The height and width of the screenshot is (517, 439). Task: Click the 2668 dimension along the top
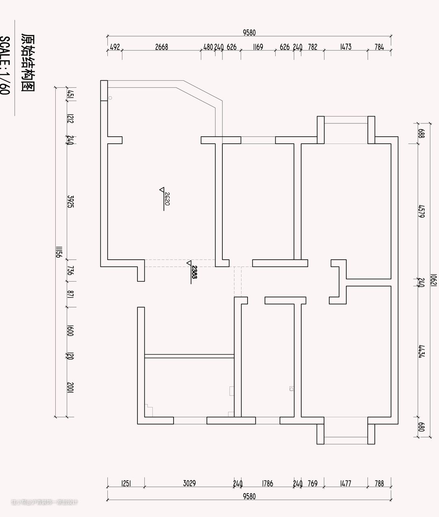[161, 47]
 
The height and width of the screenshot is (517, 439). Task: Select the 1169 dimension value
[258, 47]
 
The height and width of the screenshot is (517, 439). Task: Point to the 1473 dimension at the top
[346, 47]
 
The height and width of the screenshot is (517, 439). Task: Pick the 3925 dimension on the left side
[70, 201]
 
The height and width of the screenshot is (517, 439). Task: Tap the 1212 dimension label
[70, 119]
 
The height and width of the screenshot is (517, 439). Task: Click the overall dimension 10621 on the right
[433, 280]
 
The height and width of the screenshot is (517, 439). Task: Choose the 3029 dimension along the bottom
[189, 483]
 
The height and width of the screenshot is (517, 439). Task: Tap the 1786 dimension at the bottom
[267, 483]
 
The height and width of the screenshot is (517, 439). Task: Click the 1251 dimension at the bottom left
[126, 483]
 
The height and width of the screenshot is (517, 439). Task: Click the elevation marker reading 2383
[194, 272]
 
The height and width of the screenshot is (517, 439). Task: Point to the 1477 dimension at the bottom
[345, 483]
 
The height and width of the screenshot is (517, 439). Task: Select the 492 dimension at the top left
[115, 47]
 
